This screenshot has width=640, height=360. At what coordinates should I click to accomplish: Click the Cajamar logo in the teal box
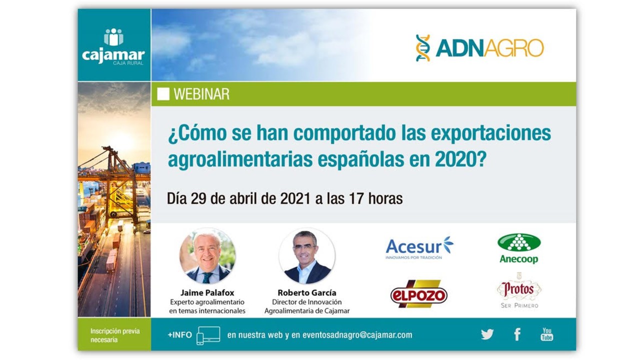pyautogui.click(x=113, y=47)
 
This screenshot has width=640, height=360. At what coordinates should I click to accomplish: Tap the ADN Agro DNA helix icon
pyautogui.click(x=423, y=48)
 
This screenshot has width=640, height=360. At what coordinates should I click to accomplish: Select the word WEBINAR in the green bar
pyautogui.click(x=201, y=94)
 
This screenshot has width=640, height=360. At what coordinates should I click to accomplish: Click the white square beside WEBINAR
pyautogui.click(x=163, y=94)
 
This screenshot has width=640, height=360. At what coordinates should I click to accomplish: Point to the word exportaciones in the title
pyautogui.click(x=490, y=133)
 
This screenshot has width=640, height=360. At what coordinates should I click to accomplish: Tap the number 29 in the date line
pyautogui.click(x=198, y=198)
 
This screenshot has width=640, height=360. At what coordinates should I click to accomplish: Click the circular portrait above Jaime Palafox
pyautogui.click(x=207, y=255)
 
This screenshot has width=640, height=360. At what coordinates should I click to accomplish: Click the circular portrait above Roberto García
pyautogui.click(x=307, y=255)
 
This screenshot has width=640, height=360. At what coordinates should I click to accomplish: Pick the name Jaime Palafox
pyautogui.click(x=207, y=293)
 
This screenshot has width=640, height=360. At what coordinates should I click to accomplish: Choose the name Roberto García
pyautogui.click(x=307, y=293)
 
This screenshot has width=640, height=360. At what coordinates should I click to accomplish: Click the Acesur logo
pyautogui.click(x=419, y=247)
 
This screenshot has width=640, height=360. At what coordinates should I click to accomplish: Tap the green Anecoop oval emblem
pyautogui.click(x=519, y=242)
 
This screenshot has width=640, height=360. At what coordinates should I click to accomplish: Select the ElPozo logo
pyautogui.click(x=419, y=293)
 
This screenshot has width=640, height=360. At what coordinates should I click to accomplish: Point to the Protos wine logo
pyautogui.click(x=519, y=290)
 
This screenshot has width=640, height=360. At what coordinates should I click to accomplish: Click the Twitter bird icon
pyautogui.click(x=487, y=334)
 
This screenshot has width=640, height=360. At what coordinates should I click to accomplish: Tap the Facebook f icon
pyautogui.click(x=517, y=334)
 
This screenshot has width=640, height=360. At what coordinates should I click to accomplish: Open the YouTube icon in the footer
pyautogui.click(x=546, y=334)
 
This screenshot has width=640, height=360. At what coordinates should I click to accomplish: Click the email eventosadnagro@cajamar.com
pyautogui.click(x=357, y=335)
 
